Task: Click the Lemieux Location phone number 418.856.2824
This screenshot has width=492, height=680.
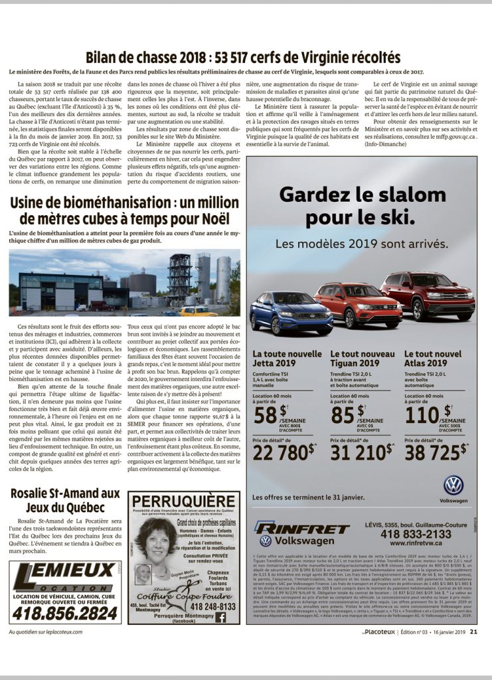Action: (64, 613)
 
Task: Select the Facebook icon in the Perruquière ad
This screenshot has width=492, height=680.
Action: (220, 617)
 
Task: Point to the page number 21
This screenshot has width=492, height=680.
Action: (473, 632)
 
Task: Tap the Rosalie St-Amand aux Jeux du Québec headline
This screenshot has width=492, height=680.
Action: (65, 499)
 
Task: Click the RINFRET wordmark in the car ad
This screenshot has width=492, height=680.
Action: (301, 528)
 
